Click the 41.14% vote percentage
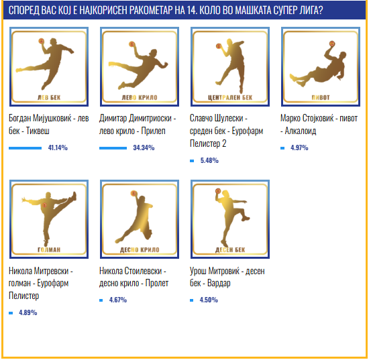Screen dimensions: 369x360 pyautogui.click(x=58, y=147)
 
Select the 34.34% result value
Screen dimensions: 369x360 pyautogui.click(x=144, y=147)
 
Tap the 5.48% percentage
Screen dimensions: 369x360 pyautogui.click(x=209, y=160)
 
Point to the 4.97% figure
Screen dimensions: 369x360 pyautogui.click(x=299, y=147)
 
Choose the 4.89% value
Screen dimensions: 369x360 pyautogui.click(x=28, y=312)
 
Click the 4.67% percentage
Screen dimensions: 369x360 pyautogui.click(x=118, y=300)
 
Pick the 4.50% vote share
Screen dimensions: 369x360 pyautogui.click(x=209, y=300)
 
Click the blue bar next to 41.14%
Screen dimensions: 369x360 pyautogui.click(x=25, y=148)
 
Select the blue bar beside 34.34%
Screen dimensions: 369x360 pyautogui.click(x=113, y=148)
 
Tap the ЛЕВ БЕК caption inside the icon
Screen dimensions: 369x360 pyautogui.click(x=49, y=97)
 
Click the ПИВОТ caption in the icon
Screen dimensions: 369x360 pyautogui.click(x=321, y=97)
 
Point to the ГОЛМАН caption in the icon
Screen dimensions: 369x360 pyautogui.click(x=49, y=249)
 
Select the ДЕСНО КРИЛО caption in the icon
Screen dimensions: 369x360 pyautogui.click(x=140, y=249)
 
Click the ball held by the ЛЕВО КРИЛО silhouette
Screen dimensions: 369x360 pyautogui.click(x=131, y=44)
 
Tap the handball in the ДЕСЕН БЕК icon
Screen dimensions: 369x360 pyautogui.click(x=218, y=190)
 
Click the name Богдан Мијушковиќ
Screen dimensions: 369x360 pyautogui.click(x=40, y=118)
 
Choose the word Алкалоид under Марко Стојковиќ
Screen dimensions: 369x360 pyautogui.click(x=301, y=131)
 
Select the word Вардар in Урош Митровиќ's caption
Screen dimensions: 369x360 pyautogui.click(x=219, y=283)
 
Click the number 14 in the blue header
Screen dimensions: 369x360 pyautogui.click(x=192, y=10)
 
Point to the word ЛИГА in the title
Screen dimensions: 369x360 pyautogui.click(x=311, y=10)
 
